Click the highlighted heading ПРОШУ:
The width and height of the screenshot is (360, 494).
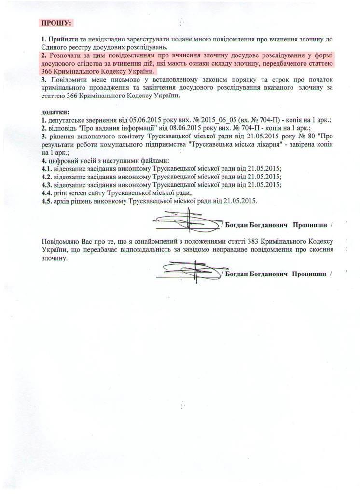click(x=57, y=23)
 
